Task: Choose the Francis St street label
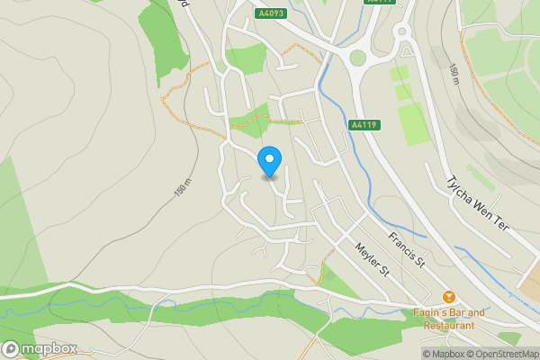[407, 249]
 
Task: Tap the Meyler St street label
[370, 258]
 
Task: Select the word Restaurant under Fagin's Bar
[448, 324]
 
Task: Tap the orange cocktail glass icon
[447, 297]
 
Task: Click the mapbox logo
[40, 348]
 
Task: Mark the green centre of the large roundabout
[357, 58]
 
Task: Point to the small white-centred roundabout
[401, 31]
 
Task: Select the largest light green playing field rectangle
[413, 124]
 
